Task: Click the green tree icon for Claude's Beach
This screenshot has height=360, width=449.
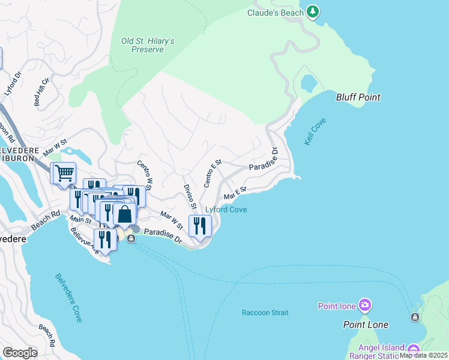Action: [x=312, y=11]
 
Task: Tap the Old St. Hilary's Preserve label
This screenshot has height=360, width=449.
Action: [x=148, y=45]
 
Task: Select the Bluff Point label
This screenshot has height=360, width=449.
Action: [x=358, y=97]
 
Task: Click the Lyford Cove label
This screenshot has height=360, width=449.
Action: [x=226, y=209]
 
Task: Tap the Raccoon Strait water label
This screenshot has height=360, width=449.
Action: [x=265, y=313]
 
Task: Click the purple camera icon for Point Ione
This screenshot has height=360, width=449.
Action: [x=365, y=306]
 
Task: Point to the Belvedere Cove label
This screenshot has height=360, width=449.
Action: [x=68, y=298]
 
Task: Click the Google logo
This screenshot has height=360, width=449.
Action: [x=20, y=353]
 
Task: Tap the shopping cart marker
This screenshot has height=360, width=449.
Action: [x=64, y=173]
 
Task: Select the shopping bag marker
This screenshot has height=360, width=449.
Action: [x=124, y=214]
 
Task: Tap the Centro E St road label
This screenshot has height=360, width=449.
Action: [x=213, y=173]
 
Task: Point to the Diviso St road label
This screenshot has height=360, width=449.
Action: [x=190, y=197]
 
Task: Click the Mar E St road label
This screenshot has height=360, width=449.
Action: [x=235, y=193]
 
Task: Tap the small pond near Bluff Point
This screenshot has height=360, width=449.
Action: [x=310, y=82]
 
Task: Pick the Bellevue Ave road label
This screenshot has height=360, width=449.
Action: [x=83, y=241]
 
